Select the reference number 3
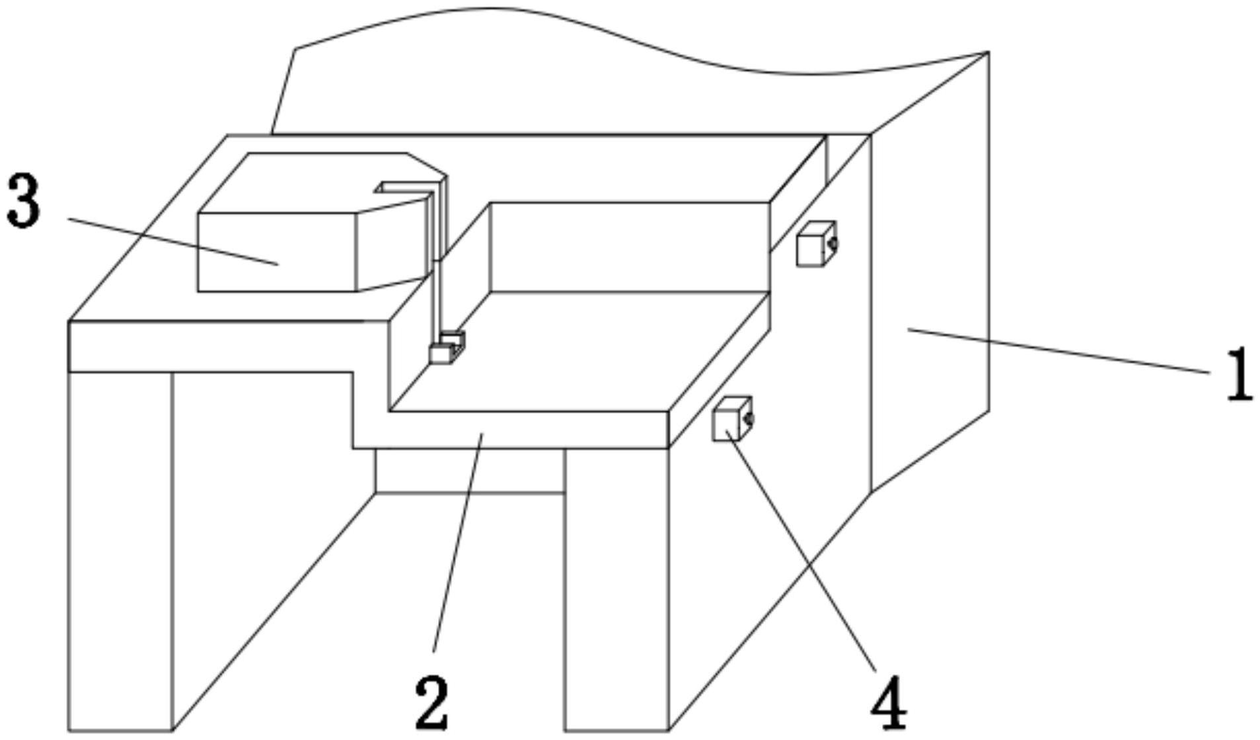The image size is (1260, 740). [23, 200]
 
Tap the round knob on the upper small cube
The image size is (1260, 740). [834, 243]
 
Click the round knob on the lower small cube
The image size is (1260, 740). [749, 419]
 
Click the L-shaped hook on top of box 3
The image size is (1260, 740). [403, 188]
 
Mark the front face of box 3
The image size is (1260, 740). [277, 252]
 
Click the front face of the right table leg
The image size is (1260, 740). [616, 589]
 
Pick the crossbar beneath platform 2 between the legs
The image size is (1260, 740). [469, 470]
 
